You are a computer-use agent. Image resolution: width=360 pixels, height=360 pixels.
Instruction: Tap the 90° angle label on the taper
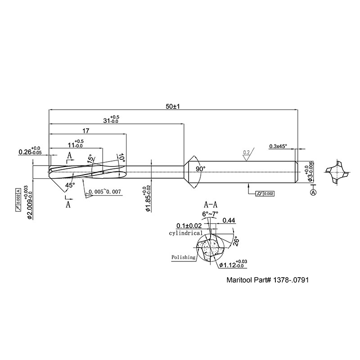200,169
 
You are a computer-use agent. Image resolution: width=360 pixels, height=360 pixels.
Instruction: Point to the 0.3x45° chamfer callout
278,146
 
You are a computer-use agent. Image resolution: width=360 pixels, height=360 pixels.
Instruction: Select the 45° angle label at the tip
70,185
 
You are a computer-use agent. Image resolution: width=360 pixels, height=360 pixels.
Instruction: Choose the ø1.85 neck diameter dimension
147,198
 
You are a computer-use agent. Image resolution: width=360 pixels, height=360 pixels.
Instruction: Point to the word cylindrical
185,234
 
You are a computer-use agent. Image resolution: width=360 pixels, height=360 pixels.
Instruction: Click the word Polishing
183,257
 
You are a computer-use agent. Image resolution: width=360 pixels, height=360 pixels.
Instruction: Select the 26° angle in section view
236,243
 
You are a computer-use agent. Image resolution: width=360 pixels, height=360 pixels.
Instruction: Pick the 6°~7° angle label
211,214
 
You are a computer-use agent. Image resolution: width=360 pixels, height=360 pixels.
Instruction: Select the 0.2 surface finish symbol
246,153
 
